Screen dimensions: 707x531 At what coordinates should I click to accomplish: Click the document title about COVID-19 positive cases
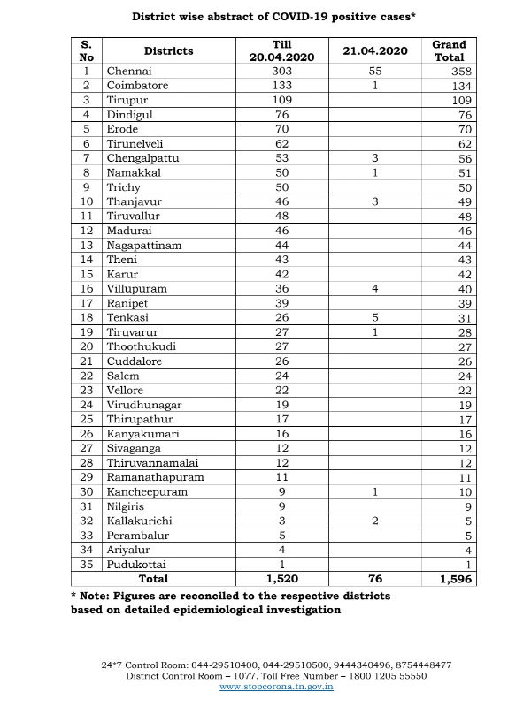(x=266, y=16)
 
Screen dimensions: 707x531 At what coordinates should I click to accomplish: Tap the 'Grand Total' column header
(x=449, y=51)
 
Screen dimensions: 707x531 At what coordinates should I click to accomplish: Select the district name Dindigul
(x=131, y=114)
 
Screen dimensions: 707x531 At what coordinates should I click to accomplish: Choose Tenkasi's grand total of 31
(x=462, y=318)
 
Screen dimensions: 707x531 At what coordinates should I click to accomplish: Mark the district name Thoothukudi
(x=141, y=347)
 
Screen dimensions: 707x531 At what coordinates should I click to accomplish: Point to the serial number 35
(x=86, y=563)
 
